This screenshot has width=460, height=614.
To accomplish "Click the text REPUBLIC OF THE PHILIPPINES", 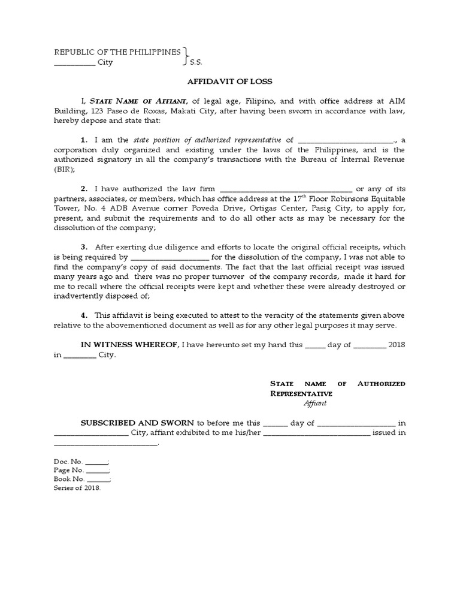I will [x=117, y=52].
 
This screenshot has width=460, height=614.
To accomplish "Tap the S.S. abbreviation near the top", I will [x=196, y=62].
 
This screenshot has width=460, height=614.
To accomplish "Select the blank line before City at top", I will [x=74, y=63].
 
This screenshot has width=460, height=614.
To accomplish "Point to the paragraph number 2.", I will [x=84, y=188].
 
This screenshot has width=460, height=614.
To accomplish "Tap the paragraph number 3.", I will [x=84, y=247].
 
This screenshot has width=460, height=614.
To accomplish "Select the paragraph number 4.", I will [x=84, y=315].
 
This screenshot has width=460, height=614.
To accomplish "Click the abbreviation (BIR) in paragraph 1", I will [x=65, y=170].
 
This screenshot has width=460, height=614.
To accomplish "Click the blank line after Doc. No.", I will [x=96, y=462].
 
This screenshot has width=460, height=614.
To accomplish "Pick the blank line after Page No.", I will [x=98, y=471].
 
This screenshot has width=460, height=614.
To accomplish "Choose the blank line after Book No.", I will [x=99, y=480].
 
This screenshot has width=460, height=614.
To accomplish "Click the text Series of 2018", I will [x=77, y=488].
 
